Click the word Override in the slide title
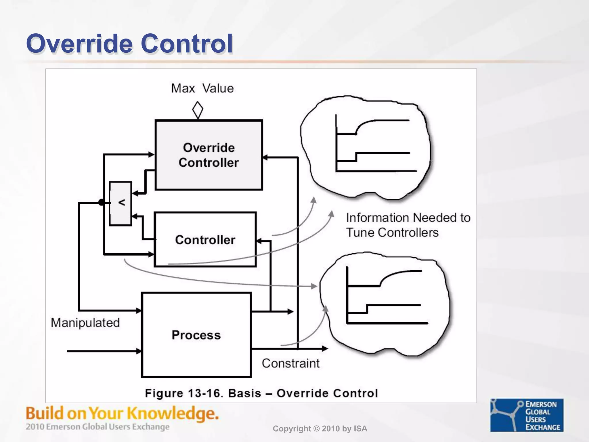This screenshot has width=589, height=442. pos(79,44)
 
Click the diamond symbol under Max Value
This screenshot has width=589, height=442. pos(198,110)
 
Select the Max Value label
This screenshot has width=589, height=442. pos(202,88)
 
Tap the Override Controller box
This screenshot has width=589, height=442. pos(209,155)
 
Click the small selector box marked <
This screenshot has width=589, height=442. pos(121,203)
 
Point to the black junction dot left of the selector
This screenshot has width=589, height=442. pos(101,202)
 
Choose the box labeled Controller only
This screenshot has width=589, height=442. pos(205,240)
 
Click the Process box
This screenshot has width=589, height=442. pos(196,335)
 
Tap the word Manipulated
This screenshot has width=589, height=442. pos(85,323)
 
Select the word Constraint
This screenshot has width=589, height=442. pos(290,363)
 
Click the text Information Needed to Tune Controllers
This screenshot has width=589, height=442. pos(408,225)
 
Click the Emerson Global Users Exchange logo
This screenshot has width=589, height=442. pos(527,415)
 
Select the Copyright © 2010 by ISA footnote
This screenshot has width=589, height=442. pos(320,429)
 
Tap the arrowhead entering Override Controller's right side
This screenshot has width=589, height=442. pos(265,157)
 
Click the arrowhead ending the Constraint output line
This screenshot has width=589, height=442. pos(325,348)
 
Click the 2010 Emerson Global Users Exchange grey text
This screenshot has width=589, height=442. pos(97,427)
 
